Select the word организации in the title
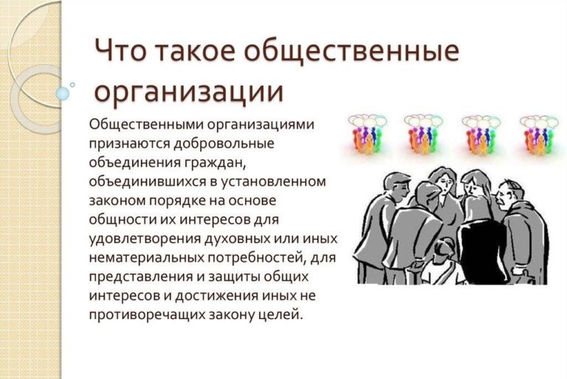188,91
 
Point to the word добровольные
224,143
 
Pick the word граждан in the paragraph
216,163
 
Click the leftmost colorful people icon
368,134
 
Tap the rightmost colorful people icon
538,134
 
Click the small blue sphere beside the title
63,94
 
